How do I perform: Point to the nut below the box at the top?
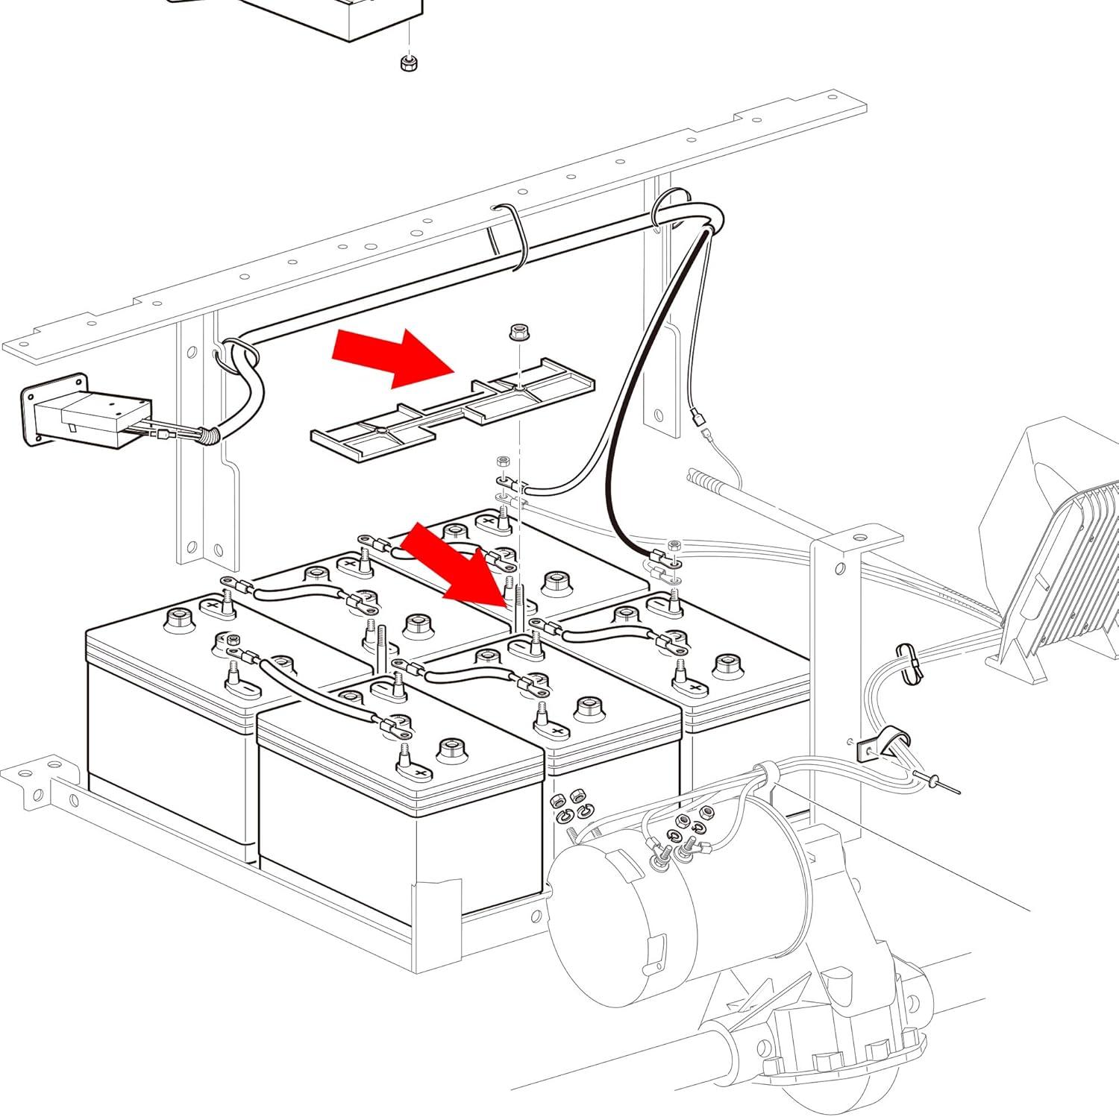407,63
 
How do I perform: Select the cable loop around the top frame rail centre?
515,235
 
